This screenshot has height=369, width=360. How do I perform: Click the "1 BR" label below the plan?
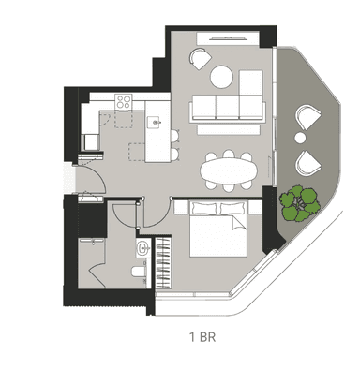pos(202,337)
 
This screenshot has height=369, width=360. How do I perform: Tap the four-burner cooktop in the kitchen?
pos(124,102)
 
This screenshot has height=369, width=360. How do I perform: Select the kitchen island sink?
pos(156,122)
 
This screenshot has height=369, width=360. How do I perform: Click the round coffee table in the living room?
pos(221,77)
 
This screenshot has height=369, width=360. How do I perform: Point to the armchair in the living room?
pos(201,58)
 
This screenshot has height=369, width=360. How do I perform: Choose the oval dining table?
pos(229,170)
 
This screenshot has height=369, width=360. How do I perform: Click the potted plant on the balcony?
pos(300,204)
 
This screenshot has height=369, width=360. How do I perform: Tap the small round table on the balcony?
pos(300,138)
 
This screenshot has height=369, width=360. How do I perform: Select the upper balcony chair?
pos(308,118)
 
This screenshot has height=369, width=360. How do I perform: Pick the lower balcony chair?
pos(308,163)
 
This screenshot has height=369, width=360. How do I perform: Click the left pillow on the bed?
pos(204,208)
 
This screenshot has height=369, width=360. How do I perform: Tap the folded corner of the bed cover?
pos(239,224)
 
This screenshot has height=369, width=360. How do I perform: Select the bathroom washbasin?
pos(143,248)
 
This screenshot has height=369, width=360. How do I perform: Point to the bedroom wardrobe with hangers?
pos(163,262)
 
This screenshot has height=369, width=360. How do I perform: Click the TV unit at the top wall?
pos(228,38)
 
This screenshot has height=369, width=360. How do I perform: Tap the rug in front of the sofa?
pos(229,130)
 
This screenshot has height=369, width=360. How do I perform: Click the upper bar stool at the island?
pos(175,136)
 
